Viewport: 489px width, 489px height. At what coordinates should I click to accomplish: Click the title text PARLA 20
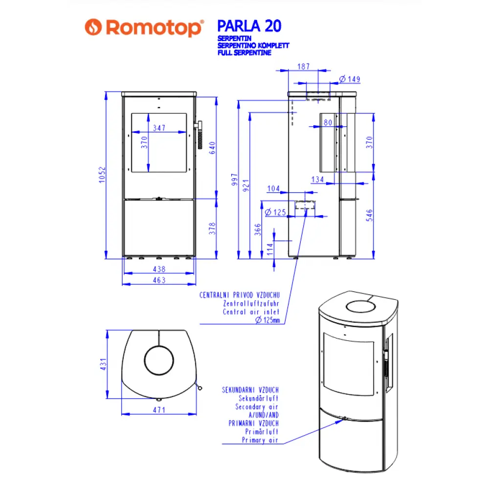click(x=248, y=25)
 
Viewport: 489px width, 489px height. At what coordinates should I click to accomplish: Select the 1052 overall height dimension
click(x=102, y=176)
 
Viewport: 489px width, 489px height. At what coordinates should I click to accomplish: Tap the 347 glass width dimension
click(x=159, y=128)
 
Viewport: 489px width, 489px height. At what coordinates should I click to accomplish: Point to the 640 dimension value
click(x=212, y=148)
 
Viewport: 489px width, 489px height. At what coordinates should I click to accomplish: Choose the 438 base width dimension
click(x=159, y=269)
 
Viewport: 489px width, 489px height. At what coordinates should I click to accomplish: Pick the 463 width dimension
click(x=159, y=280)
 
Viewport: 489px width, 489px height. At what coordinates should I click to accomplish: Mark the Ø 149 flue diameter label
click(x=350, y=79)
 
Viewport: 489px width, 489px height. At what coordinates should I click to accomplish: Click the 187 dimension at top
click(x=304, y=67)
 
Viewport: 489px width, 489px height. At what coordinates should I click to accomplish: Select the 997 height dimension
click(x=234, y=180)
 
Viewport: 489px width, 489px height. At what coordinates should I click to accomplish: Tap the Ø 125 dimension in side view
click(x=275, y=212)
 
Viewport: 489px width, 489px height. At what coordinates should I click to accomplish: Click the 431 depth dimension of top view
click(x=103, y=364)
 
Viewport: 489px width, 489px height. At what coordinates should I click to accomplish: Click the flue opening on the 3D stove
click(x=361, y=307)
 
